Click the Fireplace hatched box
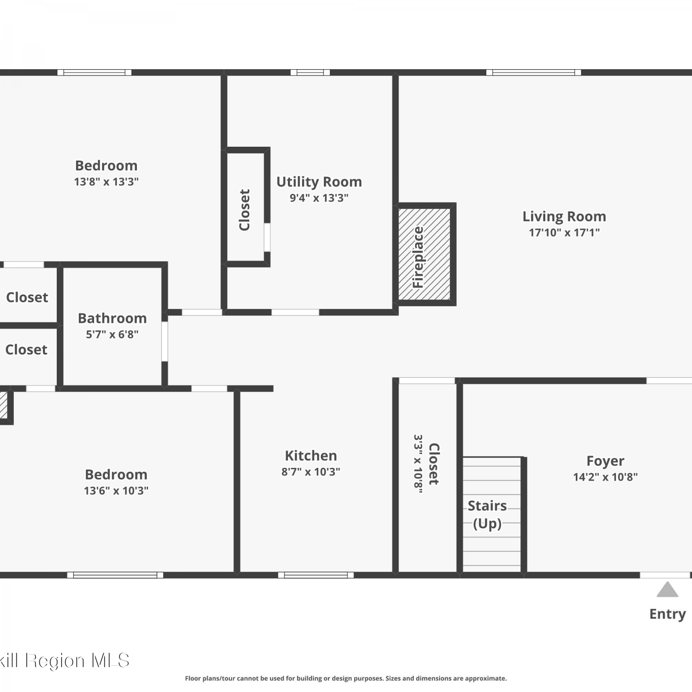pyautogui.click(x=424, y=254)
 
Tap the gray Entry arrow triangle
pyautogui.click(x=668, y=590)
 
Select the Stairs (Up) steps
pyautogui.click(x=492, y=514)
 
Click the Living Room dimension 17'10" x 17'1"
pyautogui.click(x=564, y=233)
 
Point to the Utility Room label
pyautogui.click(x=319, y=182)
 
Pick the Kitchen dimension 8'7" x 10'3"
pyautogui.click(x=311, y=472)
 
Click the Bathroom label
pyautogui.click(x=112, y=318)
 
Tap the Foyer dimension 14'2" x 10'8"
pyautogui.click(x=605, y=477)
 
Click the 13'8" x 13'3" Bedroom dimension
pyautogui.click(x=107, y=182)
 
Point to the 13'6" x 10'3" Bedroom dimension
pyautogui.click(x=116, y=491)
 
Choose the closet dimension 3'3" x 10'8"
pyautogui.click(x=418, y=464)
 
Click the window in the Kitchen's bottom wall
pyautogui.click(x=316, y=575)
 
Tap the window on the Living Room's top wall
pyautogui.click(x=534, y=72)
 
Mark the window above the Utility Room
pyautogui.click(x=310, y=72)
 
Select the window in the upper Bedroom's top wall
pyautogui.click(x=95, y=72)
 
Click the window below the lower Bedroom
pyautogui.click(x=115, y=575)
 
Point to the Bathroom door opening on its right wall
pyautogui.click(x=165, y=341)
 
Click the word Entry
pyautogui.click(x=668, y=614)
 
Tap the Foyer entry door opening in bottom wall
pyautogui.click(x=665, y=575)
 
